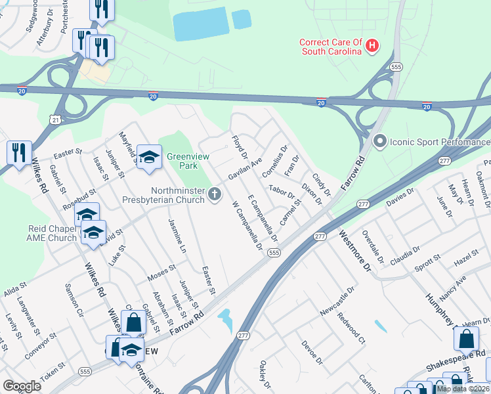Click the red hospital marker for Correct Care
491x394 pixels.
[372, 45]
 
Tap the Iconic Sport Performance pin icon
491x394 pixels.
[379, 141]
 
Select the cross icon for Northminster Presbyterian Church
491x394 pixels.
[215, 194]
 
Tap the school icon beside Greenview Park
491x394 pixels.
[149, 157]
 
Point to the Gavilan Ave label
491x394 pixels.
[245, 169]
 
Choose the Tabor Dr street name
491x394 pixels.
[283, 192]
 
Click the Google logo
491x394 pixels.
[22, 386]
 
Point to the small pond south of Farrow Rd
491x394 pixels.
[225, 320]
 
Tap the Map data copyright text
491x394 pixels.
[463, 389]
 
